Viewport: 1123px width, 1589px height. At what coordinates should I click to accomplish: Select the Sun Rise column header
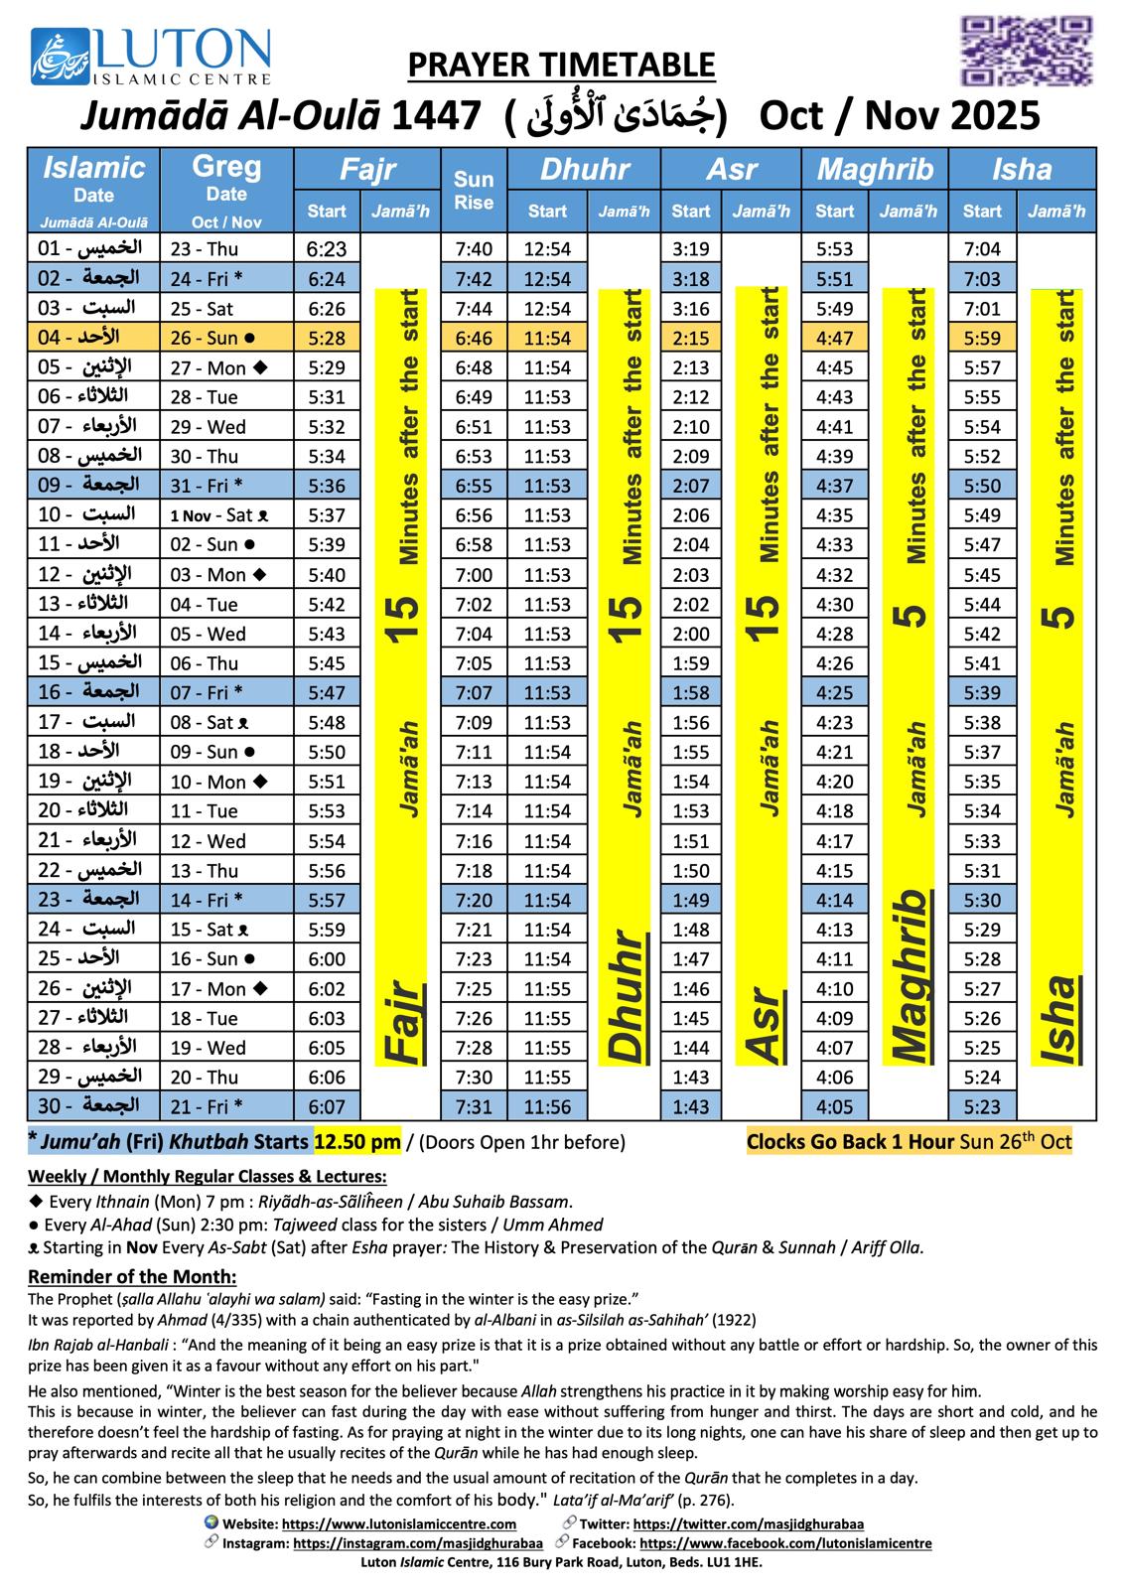474,191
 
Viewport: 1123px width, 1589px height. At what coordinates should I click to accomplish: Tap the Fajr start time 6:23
327,249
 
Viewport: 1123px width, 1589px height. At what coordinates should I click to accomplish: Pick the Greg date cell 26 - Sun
213,339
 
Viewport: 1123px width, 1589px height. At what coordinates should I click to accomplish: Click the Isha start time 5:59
982,339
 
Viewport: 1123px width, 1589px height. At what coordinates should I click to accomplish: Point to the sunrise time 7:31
474,1106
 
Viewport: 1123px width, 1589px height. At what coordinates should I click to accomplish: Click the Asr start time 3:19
690,249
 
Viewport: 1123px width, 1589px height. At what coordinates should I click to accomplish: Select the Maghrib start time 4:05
834,1106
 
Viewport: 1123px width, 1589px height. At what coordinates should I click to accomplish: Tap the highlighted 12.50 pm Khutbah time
357,1142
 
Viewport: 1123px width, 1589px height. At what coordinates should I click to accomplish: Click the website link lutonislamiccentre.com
399,1523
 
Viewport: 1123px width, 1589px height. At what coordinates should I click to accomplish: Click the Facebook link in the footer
785,1543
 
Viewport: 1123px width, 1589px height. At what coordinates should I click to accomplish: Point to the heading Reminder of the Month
132,1277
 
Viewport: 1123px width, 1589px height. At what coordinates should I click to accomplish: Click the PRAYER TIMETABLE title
561,66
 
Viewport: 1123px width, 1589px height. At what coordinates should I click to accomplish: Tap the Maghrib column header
875,169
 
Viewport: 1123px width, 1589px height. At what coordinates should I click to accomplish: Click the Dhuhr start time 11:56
547,1106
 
